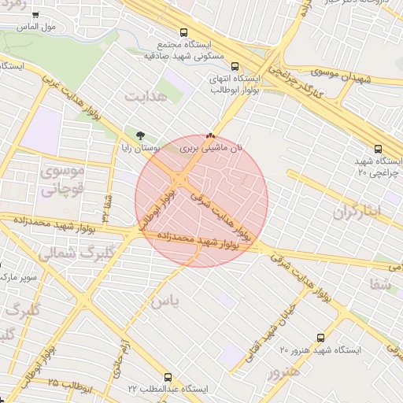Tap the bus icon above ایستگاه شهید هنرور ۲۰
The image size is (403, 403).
[320, 336]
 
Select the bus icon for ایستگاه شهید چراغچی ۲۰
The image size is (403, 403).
[378, 148]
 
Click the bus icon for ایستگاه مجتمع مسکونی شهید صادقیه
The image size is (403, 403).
[183, 33]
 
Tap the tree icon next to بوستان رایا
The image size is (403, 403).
[140, 135]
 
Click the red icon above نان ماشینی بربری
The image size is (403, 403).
[210, 135]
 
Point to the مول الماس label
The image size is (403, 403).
[40, 27]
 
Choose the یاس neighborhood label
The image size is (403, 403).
[165, 301]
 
